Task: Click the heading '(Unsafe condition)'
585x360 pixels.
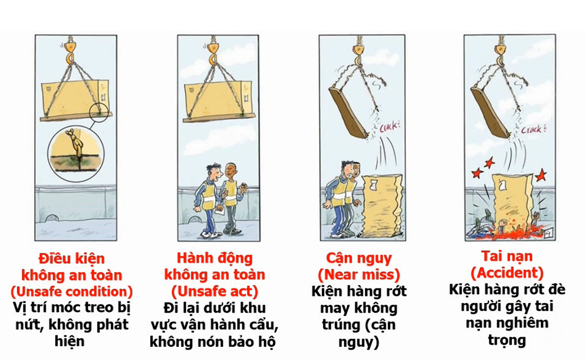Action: (72, 292)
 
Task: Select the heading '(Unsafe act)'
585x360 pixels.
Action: (214, 291)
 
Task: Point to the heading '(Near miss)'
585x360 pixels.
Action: (359, 275)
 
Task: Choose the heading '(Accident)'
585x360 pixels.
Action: (507, 273)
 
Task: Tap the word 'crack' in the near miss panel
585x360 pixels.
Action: (389, 127)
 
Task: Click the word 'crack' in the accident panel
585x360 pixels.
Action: (533, 129)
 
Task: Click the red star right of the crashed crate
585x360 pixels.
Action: (541, 175)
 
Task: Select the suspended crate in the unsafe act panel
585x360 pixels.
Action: (218, 98)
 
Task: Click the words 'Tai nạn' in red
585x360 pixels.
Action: (507, 256)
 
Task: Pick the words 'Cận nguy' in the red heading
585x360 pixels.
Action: (359, 259)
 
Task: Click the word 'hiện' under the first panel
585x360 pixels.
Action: (70, 341)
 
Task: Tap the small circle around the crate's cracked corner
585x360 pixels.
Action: (98, 113)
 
